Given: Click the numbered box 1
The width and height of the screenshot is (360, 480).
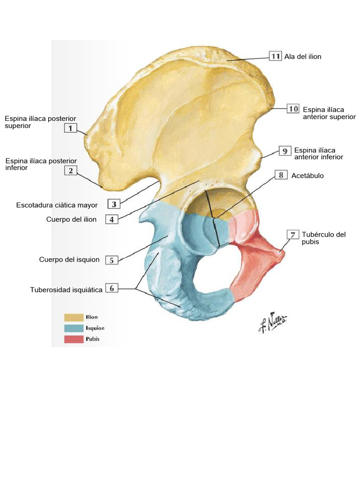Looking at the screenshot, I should (x=70, y=128).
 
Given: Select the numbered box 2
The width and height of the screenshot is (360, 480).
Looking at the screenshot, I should (x=70, y=171).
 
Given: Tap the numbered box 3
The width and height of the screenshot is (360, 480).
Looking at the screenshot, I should (x=114, y=204).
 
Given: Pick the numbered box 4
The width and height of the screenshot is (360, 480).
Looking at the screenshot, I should (x=112, y=219).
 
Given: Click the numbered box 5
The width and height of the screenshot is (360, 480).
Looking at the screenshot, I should (x=112, y=260).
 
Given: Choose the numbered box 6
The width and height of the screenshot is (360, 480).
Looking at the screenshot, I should (x=112, y=288).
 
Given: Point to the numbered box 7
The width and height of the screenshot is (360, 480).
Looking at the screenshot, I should (x=292, y=234).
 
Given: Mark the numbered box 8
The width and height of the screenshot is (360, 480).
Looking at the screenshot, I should (x=281, y=175).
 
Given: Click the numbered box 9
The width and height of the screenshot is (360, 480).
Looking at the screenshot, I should (x=285, y=151).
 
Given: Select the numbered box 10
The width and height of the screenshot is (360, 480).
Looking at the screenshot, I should (x=293, y=109).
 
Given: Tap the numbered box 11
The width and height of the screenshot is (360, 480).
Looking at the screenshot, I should (x=275, y=56).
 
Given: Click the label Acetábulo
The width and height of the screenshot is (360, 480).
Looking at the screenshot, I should (x=307, y=176).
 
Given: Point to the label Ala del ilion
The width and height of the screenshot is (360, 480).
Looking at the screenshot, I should (x=303, y=57).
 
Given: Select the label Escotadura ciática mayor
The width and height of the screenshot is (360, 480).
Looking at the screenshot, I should (x=57, y=205).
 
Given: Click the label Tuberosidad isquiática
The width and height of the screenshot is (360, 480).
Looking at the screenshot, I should (x=66, y=290).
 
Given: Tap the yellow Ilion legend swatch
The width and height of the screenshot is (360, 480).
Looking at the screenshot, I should (x=74, y=317).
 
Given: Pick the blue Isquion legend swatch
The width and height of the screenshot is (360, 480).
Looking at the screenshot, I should (x=74, y=328).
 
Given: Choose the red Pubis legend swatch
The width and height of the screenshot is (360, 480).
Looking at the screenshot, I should (x=74, y=339).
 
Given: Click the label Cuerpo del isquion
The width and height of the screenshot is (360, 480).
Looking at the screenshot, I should (x=69, y=260).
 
